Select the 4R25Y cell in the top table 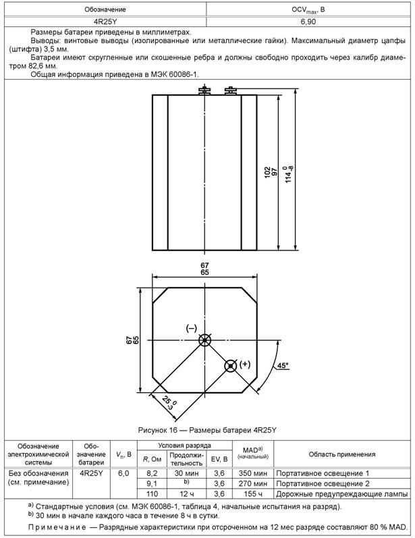(104, 22)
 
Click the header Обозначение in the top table (104, 10)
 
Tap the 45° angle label (282, 365)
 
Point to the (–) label (191, 328)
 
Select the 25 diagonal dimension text (167, 403)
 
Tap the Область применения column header (341, 454)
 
